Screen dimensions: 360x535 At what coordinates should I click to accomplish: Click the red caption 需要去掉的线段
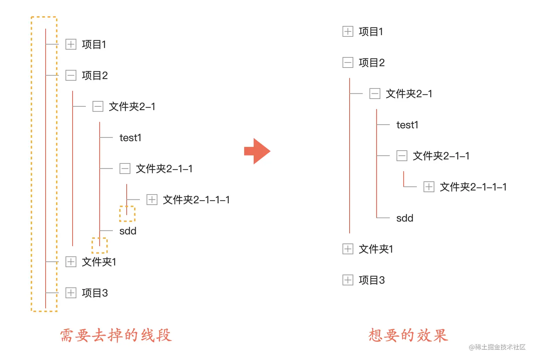pyautogui.click(x=116, y=335)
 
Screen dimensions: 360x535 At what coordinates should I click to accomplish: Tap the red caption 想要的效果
pyautogui.click(x=408, y=335)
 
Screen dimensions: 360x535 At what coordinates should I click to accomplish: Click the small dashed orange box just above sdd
pyautogui.click(x=127, y=214)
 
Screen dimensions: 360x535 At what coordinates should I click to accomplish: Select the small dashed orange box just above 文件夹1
pyautogui.click(x=99, y=245)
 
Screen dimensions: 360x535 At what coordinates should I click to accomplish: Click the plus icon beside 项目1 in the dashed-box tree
pyautogui.click(x=71, y=44)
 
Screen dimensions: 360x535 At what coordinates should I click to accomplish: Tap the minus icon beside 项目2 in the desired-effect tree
pyautogui.click(x=348, y=63)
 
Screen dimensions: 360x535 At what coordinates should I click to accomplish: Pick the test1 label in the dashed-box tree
pyautogui.click(x=131, y=138)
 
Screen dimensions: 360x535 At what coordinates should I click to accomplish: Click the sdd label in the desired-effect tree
pyautogui.click(x=405, y=218)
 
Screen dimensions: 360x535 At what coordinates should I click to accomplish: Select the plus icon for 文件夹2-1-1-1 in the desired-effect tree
pyautogui.click(x=429, y=187)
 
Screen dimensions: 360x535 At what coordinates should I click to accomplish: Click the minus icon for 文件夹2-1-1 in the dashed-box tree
pyautogui.click(x=125, y=169)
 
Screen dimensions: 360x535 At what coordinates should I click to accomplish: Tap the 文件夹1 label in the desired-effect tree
pyautogui.click(x=376, y=249)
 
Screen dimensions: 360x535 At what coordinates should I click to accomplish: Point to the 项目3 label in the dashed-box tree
pyautogui.click(x=95, y=293)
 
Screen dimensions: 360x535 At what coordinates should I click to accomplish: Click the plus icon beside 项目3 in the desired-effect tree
pyautogui.click(x=348, y=280)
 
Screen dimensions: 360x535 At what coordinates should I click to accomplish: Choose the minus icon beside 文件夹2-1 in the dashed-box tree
pyautogui.click(x=98, y=106)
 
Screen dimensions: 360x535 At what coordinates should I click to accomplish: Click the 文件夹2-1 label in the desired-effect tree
pyautogui.click(x=409, y=94)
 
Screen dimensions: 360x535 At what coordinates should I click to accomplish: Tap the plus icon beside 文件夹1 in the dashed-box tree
pyautogui.click(x=71, y=262)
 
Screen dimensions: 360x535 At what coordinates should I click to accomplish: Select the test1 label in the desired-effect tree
pyautogui.click(x=407, y=125)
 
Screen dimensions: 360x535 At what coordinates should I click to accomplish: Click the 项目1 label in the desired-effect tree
pyautogui.click(x=371, y=32)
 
